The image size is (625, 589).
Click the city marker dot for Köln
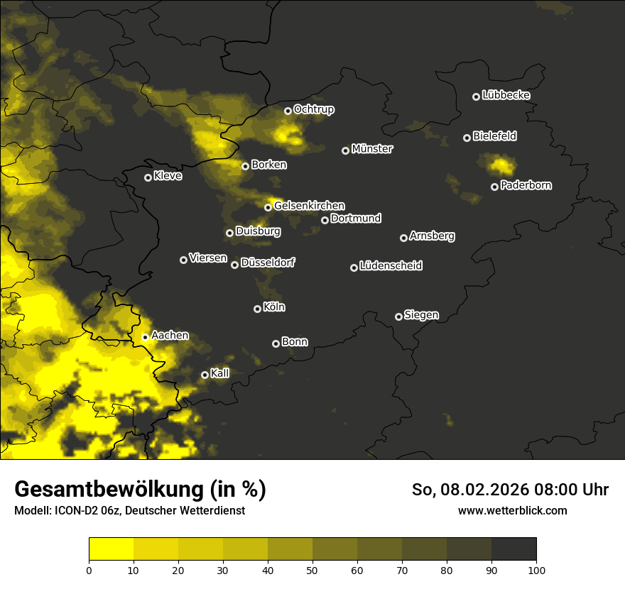point(257,309)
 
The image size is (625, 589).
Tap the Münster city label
point(372,149)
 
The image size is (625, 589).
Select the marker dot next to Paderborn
point(494,187)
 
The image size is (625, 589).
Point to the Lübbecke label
point(506,95)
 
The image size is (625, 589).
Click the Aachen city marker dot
point(145,337)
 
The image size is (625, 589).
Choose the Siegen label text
point(421,315)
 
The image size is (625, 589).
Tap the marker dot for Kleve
point(148,177)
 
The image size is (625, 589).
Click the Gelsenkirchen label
point(309,206)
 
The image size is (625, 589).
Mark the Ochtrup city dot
point(288,111)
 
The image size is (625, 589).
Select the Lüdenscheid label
point(391,266)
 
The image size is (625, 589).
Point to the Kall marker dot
point(205,375)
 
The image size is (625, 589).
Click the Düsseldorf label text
point(268,263)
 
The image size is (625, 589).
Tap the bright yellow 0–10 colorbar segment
point(111,549)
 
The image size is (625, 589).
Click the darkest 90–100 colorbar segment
point(513,549)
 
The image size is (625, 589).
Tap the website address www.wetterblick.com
point(512,510)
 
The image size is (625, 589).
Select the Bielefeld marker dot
point(467,138)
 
